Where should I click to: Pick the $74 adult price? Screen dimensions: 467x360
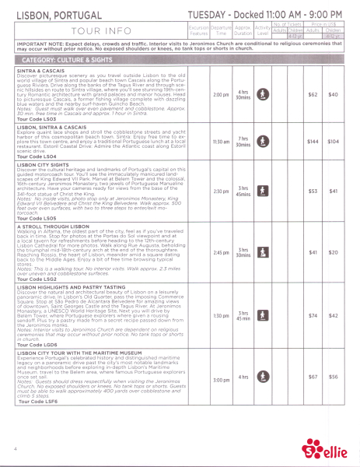click(313, 315)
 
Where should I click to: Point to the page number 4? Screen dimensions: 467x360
click(15, 449)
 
